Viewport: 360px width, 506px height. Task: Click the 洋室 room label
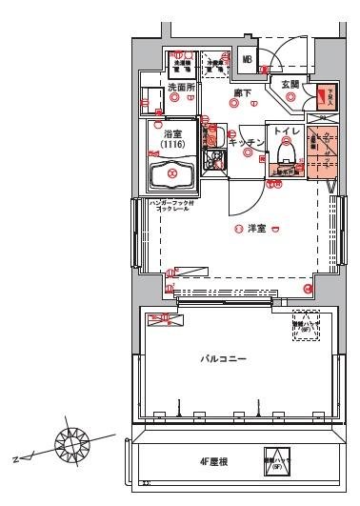point(256,229)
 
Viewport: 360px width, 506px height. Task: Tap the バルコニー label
point(225,359)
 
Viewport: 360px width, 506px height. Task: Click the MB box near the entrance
point(247,60)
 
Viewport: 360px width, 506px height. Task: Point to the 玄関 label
point(290,85)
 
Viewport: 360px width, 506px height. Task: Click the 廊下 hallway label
point(242,92)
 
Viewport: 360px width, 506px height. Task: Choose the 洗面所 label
point(181,88)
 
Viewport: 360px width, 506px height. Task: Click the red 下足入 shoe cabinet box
point(328,95)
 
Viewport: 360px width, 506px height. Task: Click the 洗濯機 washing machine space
point(181,63)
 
